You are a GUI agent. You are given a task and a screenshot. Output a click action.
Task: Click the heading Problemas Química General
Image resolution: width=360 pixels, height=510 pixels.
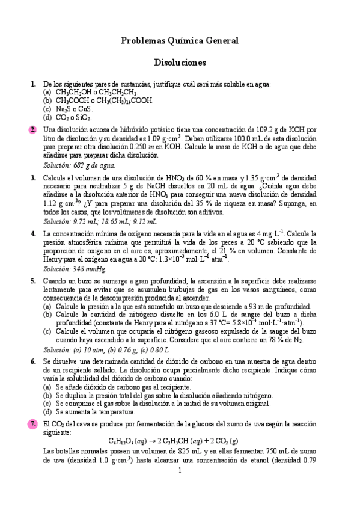tap(180, 41)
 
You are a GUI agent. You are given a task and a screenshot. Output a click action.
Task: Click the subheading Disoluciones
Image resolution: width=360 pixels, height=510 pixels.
tap(180, 62)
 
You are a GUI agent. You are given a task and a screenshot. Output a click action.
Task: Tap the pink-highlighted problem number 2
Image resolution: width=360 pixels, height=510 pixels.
tap(32, 129)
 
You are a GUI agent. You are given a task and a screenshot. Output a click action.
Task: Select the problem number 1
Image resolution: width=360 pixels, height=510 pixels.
tap(32, 84)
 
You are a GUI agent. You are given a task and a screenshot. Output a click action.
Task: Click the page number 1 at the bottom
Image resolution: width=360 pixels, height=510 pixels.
tap(180, 470)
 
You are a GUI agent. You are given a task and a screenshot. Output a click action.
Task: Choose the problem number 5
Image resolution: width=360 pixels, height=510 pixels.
tap(32, 281)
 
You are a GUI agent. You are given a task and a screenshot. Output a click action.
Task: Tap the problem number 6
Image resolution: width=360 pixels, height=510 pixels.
tap(32, 361)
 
